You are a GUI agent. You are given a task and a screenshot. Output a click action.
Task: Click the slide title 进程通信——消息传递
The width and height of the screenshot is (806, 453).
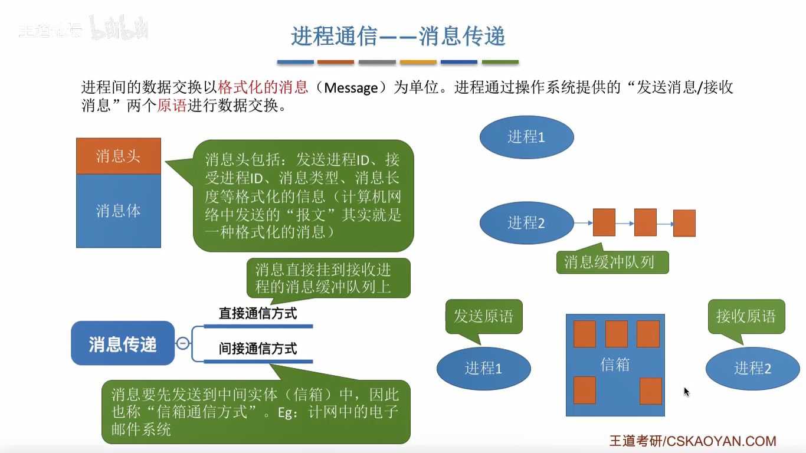coord(398,37)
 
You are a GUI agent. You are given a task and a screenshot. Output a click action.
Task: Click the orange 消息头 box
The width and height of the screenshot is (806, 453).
coord(119,156)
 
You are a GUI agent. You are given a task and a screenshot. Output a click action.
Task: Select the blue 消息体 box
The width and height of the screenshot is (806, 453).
coord(119,211)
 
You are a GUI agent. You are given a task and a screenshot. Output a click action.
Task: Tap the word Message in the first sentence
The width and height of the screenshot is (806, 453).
coord(351,88)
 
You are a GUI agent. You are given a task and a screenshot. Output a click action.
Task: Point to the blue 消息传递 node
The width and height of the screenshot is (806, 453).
coord(123,343)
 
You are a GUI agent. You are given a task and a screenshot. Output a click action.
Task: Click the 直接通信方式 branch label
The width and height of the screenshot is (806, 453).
coord(258,313)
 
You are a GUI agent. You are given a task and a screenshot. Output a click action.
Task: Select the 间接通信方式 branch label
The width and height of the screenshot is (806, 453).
coord(258,349)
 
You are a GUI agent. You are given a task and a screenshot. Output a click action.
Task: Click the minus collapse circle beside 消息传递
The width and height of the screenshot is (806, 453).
coord(183,343)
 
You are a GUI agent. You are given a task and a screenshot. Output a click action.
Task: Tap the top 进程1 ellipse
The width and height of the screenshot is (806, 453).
coord(526,137)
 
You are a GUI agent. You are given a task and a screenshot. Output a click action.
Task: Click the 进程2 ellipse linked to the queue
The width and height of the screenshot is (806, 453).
coord(526,222)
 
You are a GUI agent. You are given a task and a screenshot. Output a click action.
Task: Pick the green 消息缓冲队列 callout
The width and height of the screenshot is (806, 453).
coord(612,262)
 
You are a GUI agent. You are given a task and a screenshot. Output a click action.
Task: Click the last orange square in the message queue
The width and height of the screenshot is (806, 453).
coord(684,223)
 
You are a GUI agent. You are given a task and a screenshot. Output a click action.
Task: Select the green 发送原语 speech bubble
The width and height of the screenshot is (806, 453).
coord(484,317)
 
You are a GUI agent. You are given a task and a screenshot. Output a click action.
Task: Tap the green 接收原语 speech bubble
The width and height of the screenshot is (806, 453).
coord(746,317)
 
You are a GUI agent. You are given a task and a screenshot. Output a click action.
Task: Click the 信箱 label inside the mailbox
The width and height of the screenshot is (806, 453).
coord(615,365)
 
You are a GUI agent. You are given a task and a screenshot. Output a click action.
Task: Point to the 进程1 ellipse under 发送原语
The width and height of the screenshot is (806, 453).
coord(483,368)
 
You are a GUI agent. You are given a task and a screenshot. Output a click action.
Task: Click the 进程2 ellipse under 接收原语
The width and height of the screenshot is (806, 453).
coord(752,368)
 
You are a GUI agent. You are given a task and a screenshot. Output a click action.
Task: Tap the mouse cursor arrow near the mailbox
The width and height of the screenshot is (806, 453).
coord(686,392)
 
